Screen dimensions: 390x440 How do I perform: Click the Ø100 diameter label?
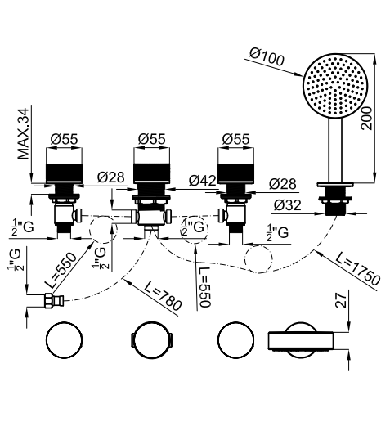[x=267, y=57]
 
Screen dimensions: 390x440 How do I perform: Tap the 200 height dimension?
[x=367, y=118]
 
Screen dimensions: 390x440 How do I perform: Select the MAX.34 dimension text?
[x=24, y=134]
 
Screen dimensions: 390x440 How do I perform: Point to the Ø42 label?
[x=203, y=181]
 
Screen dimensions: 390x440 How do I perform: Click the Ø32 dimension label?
[x=288, y=204]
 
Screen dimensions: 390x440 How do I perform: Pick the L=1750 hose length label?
[x=358, y=270]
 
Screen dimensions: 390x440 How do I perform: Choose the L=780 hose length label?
[x=164, y=295]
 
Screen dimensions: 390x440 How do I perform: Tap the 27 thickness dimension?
[x=342, y=300]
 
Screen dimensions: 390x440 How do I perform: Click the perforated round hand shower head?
[x=335, y=86]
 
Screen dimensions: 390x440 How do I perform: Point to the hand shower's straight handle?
[x=335, y=150]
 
